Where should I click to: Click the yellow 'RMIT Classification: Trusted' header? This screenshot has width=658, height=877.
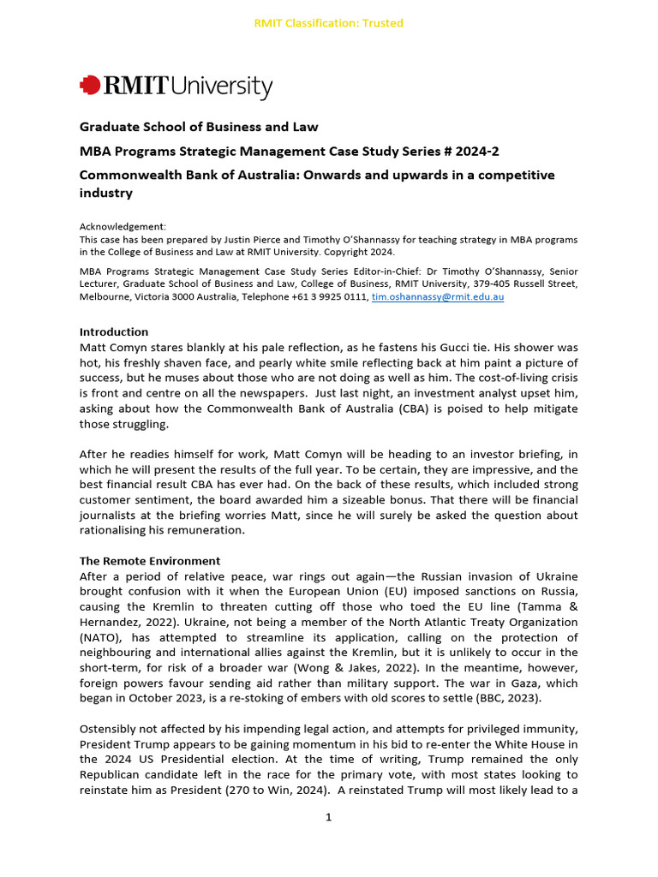(328, 23)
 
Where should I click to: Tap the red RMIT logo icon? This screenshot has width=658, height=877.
(89, 86)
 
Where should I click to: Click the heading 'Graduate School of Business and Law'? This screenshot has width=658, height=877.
(199, 127)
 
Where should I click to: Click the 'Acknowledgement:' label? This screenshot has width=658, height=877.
(123, 227)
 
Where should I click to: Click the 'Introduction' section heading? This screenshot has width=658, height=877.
(114, 331)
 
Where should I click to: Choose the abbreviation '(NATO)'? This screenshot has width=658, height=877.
(102, 637)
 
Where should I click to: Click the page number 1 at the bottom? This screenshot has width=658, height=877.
(328, 817)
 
